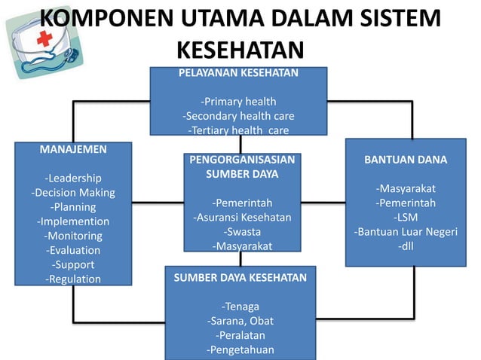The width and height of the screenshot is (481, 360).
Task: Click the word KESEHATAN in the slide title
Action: pos(240,50)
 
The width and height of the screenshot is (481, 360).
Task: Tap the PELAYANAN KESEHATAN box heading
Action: pos(238,73)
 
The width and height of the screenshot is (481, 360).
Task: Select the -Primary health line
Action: pos(238,102)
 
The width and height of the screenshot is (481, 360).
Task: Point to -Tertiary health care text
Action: pos(238,130)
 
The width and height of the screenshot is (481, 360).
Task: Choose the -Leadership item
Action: pos(73,178)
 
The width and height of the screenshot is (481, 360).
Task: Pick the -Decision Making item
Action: pos(73,193)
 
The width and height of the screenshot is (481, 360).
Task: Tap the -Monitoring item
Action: pos(73,236)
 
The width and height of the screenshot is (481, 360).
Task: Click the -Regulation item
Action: pos(73,279)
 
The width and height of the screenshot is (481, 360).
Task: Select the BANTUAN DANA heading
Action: pos(406,160)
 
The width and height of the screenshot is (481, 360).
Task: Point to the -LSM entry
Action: pos(406,217)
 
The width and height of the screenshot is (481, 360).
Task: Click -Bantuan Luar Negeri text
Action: pos(406,231)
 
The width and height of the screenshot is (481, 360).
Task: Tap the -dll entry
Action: pos(406,246)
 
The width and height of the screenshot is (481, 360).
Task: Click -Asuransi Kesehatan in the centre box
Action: pos(242,218)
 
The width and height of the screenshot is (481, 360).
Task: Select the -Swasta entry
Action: pos(242,232)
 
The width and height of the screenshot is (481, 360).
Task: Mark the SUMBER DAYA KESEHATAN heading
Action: pos(240,277)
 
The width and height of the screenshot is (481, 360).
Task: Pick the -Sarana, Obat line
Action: pos(240,321)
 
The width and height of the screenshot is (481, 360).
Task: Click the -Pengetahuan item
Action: pos(240,349)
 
